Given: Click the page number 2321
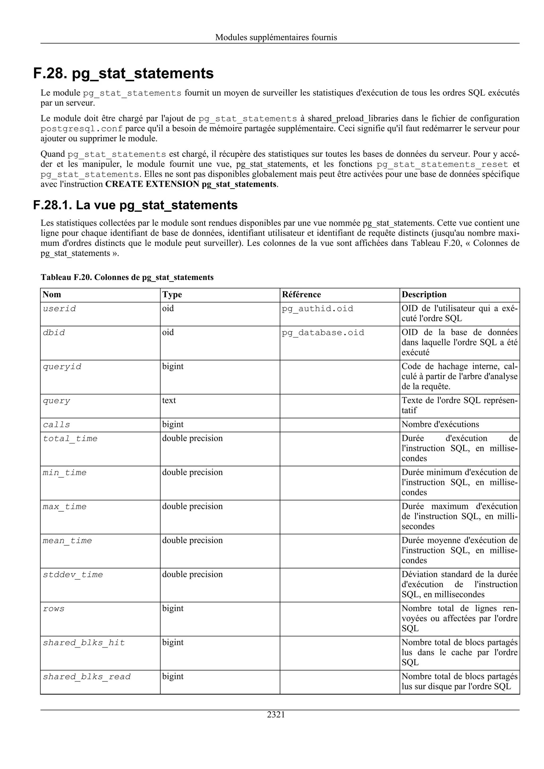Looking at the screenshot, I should (x=276, y=715).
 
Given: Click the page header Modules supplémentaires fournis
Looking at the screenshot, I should (x=276, y=37).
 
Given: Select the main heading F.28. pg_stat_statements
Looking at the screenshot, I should (x=123, y=73).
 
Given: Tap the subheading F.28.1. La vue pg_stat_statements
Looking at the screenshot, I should (x=135, y=205).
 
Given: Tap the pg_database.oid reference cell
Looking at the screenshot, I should (x=323, y=332).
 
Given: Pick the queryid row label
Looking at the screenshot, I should (x=62, y=367).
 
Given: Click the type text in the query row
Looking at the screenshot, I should (x=169, y=401).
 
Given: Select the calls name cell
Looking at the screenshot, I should (x=56, y=425).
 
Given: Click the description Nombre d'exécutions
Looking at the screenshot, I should (x=440, y=424).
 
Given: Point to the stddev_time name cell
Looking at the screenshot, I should (x=73, y=575).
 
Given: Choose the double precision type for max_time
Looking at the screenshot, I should (x=192, y=506).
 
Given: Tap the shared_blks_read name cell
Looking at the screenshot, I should (x=87, y=677).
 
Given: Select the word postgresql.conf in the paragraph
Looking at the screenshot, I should (x=82, y=129).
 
